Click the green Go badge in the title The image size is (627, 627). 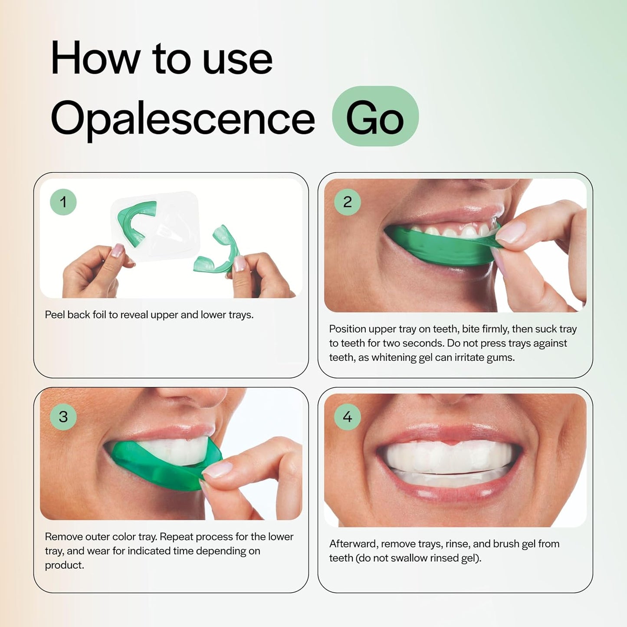tap(375, 116)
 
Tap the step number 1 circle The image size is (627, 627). tap(63, 202)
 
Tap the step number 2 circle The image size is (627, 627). tap(347, 202)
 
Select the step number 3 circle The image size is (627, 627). tap(63, 417)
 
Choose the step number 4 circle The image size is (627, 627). tap(347, 417)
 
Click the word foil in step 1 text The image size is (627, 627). tap(99, 315)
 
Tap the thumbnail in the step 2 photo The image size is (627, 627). tap(510, 232)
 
